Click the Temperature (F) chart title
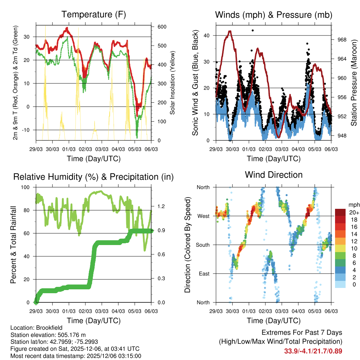point(93,14)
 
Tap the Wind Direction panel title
point(274,174)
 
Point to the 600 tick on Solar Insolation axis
point(161,27)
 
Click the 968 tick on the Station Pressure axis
point(342,40)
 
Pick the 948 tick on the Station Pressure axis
point(342,136)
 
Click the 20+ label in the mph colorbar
point(353,212)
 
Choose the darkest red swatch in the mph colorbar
point(340,212)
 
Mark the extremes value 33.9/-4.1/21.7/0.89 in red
point(313,351)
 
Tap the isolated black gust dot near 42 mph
point(252,31)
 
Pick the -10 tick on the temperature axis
point(26,130)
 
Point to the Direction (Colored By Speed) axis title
point(188,244)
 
